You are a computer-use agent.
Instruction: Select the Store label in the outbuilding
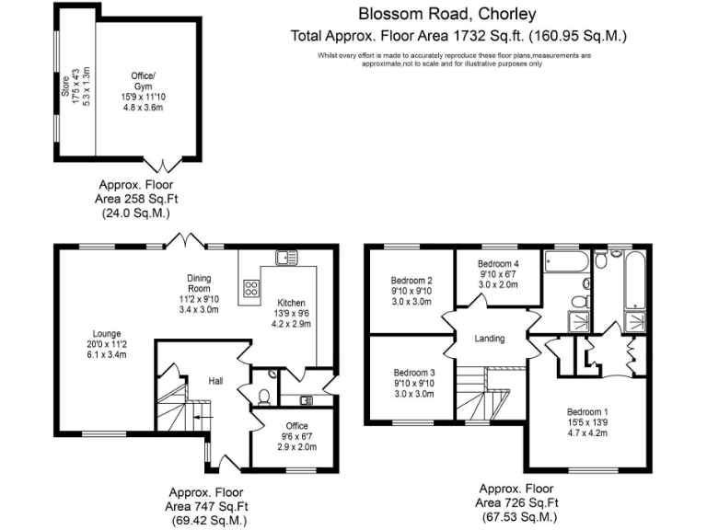pyautogui.click(x=65, y=87)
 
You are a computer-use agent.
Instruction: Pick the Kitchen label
pyautogui.click(x=291, y=303)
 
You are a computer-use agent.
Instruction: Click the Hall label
pyautogui.click(x=215, y=381)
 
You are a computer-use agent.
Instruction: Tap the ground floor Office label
pyautogui.click(x=284, y=425)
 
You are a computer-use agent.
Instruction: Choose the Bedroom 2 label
pyautogui.click(x=411, y=280)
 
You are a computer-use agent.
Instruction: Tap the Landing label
pyautogui.click(x=490, y=339)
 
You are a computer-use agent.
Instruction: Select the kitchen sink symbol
pyautogui.click(x=284, y=258)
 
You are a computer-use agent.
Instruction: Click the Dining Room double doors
pyautogui.click(x=191, y=242)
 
